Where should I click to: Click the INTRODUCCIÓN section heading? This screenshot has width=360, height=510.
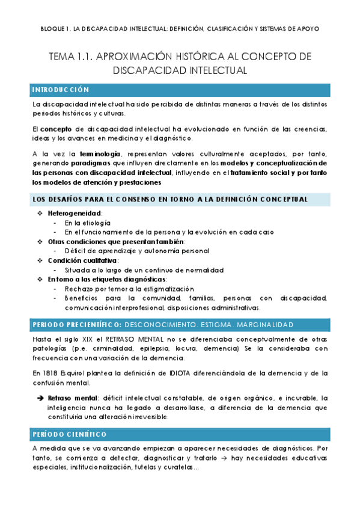pyautogui.click(x=60, y=90)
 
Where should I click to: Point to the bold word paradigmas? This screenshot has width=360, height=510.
pyautogui.click(x=91, y=162)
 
